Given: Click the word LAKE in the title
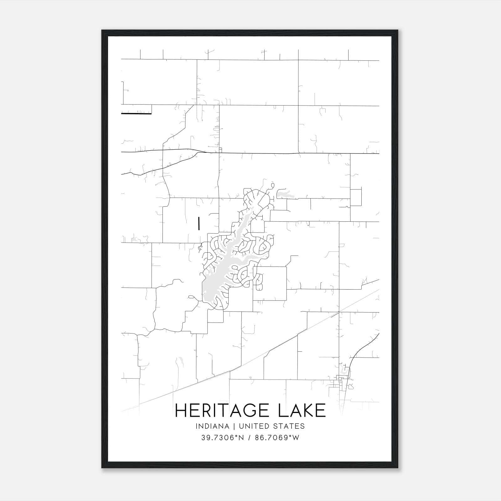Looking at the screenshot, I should (302, 411).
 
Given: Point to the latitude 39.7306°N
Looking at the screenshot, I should (222, 438).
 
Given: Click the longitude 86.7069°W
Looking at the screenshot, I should (277, 438).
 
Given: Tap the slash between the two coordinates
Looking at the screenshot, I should (250, 438).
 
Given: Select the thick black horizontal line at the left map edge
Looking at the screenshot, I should (136, 114).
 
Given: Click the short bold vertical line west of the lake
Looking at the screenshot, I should (199, 223).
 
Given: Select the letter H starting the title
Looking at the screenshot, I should (181, 411).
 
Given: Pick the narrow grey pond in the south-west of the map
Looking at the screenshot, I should (180, 362).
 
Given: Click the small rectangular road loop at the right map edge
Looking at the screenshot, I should (356, 197).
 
